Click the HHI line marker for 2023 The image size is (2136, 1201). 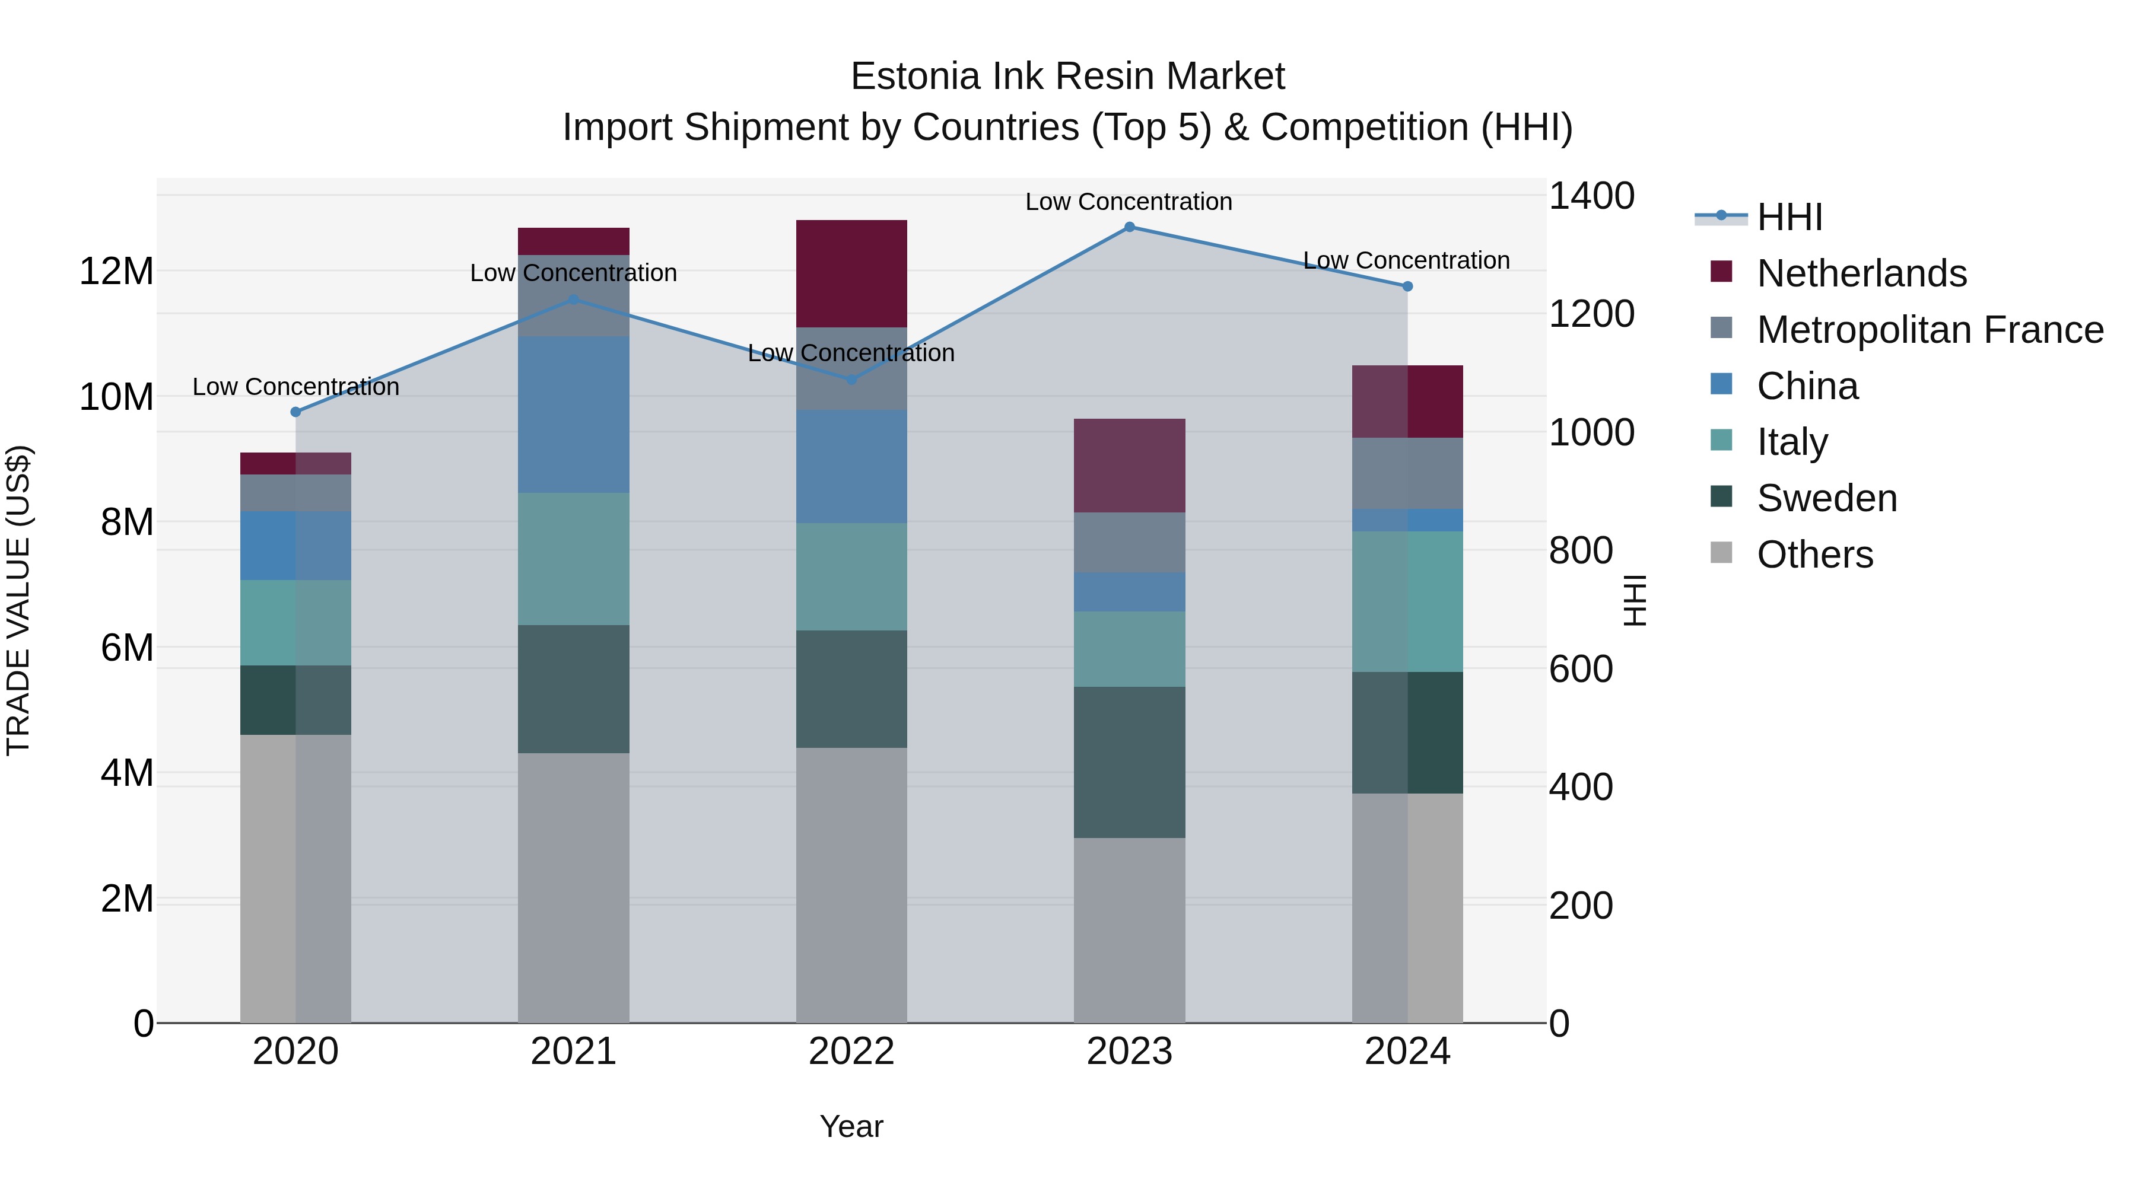click(1129, 227)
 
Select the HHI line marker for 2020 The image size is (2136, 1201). click(296, 412)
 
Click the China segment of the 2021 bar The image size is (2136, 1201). click(574, 415)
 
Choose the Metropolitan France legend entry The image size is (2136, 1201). click(1930, 330)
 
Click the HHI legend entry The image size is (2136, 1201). click(1789, 217)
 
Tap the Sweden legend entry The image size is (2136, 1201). click(1827, 498)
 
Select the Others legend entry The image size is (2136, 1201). click(1814, 555)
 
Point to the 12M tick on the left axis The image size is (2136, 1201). click(116, 272)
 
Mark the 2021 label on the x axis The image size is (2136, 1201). click(574, 1052)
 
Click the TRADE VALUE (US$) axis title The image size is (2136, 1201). click(18, 600)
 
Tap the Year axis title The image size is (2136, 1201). click(851, 1126)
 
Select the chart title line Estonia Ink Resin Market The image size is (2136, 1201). click(1067, 77)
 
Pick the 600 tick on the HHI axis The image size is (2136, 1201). click(1581, 669)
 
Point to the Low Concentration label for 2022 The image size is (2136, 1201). click(851, 353)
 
